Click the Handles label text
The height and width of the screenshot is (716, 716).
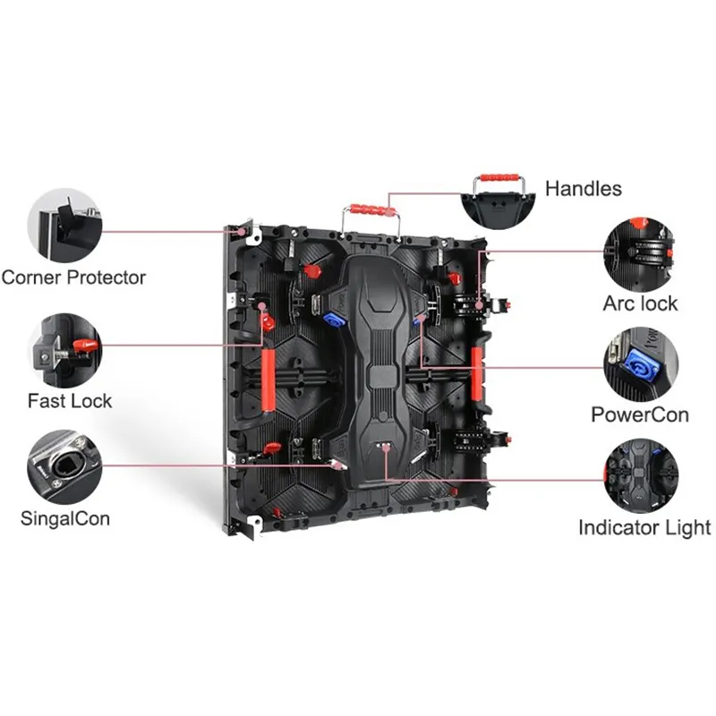(584, 189)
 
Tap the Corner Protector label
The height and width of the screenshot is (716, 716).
(73, 277)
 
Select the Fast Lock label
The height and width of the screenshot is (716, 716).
(70, 401)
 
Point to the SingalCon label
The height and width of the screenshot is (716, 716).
(65, 519)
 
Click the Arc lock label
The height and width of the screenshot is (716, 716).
(640, 303)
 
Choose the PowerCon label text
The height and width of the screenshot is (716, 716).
(640, 414)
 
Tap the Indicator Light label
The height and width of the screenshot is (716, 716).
(644, 527)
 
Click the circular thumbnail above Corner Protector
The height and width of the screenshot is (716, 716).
(64, 226)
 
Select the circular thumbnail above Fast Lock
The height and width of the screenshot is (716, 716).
(64, 350)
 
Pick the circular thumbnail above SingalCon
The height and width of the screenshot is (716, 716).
(64, 466)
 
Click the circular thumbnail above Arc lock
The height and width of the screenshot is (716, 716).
(640, 255)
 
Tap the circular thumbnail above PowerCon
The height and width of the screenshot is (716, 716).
(641, 365)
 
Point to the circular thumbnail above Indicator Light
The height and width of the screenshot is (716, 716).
(641, 476)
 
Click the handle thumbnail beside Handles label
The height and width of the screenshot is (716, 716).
(499, 200)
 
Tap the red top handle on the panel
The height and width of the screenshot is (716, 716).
(372, 210)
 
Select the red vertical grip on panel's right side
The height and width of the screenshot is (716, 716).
(477, 371)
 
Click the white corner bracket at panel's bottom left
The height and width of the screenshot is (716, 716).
(254, 523)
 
